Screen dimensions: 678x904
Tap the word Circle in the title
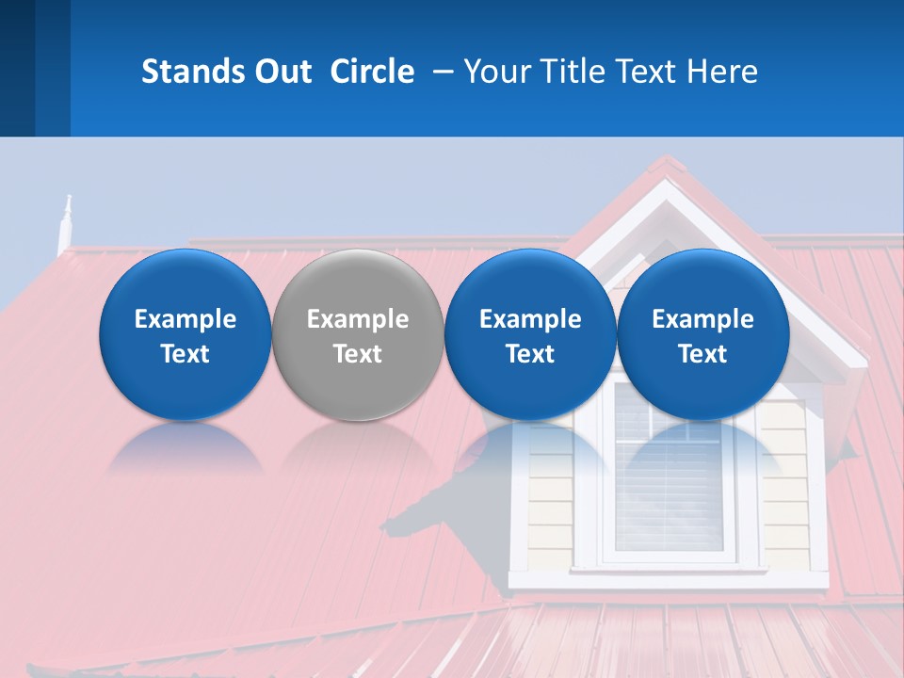click(x=372, y=72)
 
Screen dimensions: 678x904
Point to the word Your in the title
click(x=493, y=72)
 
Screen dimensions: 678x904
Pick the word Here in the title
click(x=721, y=72)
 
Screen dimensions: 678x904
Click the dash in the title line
click(x=442, y=73)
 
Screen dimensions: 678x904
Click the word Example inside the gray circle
click(x=358, y=319)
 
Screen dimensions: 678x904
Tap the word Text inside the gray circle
click(x=358, y=354)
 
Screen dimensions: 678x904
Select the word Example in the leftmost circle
click(x=185, y=319)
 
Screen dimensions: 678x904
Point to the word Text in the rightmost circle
click(x=702, y=354)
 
